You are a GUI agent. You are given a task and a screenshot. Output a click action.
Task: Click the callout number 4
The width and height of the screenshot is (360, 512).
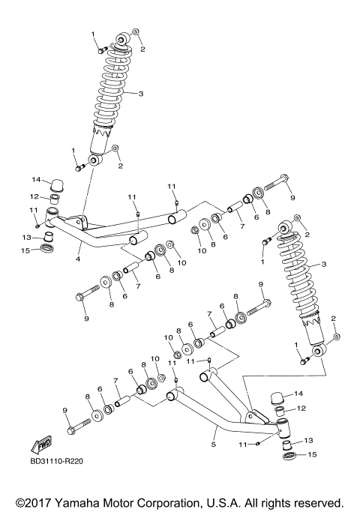77,259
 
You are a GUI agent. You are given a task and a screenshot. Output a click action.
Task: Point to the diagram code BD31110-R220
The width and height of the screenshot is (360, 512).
57,461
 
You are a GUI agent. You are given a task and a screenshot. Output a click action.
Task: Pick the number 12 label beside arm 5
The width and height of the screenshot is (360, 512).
302,409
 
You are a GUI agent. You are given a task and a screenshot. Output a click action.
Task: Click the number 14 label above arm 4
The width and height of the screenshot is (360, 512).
34,180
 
